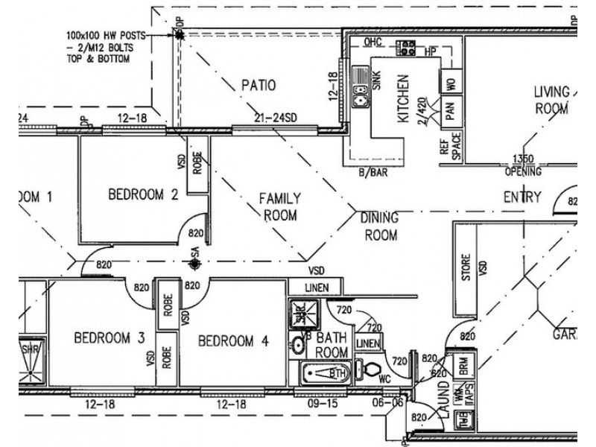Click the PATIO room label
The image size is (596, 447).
coord(258,86)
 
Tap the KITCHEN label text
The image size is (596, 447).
coord(403,98)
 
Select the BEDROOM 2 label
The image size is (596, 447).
coord(143,195)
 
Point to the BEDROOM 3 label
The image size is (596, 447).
coord(109,338)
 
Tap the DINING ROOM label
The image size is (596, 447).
coord(379,226)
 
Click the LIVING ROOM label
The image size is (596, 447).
coord(551,100)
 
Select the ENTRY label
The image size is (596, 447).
coord(522,197)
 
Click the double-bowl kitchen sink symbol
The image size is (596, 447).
coord(361,84)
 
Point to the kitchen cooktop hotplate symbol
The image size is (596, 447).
coord(407,48)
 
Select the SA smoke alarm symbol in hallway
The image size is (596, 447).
coord(194,262)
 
